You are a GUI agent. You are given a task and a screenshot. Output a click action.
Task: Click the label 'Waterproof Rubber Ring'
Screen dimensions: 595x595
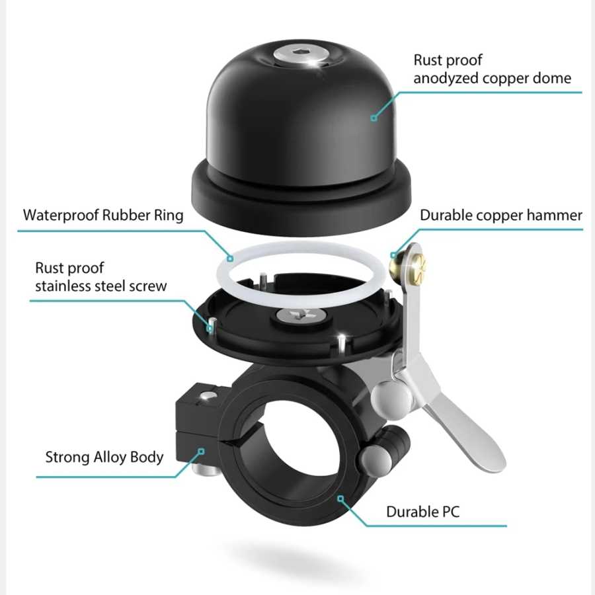[103, 215]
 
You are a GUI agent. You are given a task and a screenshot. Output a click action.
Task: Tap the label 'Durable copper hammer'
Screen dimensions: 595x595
[501, 215]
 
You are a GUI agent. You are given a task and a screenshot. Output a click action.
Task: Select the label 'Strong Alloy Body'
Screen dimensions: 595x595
[104, 457]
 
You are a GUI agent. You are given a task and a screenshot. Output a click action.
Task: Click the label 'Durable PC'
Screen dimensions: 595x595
[422, 512]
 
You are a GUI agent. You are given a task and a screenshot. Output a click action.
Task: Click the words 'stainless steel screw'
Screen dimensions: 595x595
[101, 286]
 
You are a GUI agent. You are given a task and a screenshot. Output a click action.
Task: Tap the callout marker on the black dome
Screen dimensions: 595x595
[374, 118]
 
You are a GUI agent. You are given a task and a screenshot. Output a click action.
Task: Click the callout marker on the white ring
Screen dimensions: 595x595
[230, 258]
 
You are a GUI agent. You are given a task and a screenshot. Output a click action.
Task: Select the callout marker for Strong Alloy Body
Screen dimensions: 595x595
[202, 451]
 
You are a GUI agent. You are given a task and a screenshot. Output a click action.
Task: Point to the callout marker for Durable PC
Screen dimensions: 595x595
[340, 498]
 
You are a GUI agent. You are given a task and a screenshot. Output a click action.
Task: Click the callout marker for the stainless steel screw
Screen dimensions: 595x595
[210, 327]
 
